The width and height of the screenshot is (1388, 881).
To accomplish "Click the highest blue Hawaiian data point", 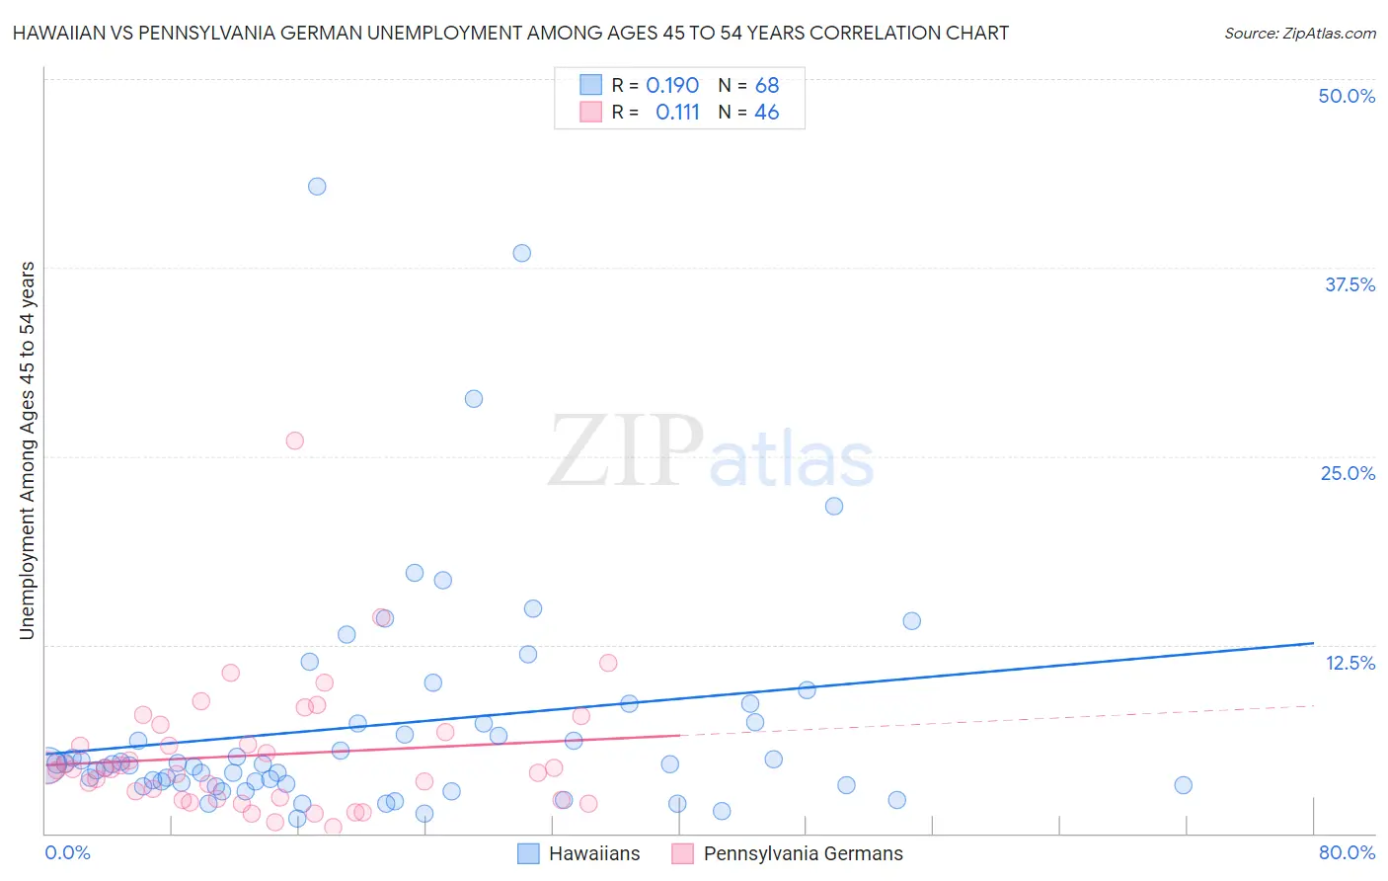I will tap(317, 187).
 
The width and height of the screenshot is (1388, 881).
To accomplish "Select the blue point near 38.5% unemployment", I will tap(522, 253).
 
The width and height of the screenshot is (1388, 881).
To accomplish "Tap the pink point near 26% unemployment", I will tap(294, 440).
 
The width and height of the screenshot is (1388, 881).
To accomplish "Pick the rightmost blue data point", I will tap(1184, 785).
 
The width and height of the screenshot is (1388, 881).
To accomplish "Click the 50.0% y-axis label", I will tap(1347, 96).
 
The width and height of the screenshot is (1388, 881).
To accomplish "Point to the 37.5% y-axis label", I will tap(1349, 284).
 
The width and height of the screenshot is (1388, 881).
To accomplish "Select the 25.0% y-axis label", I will tap(1348, 473).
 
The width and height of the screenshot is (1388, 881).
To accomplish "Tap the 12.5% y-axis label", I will tap(1349, 663).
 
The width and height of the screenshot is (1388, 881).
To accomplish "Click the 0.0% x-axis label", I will tap(67, 852).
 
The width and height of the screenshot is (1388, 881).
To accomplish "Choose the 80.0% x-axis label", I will tap(1347, 852).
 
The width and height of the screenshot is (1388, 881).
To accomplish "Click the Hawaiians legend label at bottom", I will tap(594, 854).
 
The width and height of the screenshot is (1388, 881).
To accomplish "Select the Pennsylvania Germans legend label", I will tap(803, 854).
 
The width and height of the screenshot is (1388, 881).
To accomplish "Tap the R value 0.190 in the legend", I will tap(671, 86).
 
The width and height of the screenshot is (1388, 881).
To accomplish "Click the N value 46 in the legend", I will tap(766, 113).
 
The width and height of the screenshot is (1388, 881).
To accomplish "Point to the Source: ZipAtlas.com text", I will tap(1299, 33).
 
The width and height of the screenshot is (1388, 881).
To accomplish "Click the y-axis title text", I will tap(28, 449).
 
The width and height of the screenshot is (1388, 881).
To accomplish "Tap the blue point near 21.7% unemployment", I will tap(834, 506).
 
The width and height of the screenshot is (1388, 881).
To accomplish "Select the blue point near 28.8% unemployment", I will tap(474, 399).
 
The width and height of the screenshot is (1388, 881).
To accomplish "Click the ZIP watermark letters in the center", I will tap(626, 451).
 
